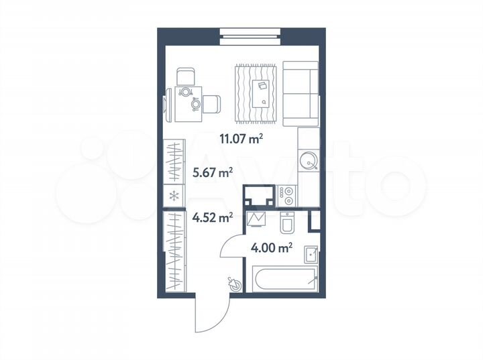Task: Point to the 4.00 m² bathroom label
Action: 271,248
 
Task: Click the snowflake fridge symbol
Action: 174,196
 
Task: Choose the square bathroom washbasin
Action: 311,255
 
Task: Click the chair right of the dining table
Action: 211,104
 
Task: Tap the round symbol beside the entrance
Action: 235,284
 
